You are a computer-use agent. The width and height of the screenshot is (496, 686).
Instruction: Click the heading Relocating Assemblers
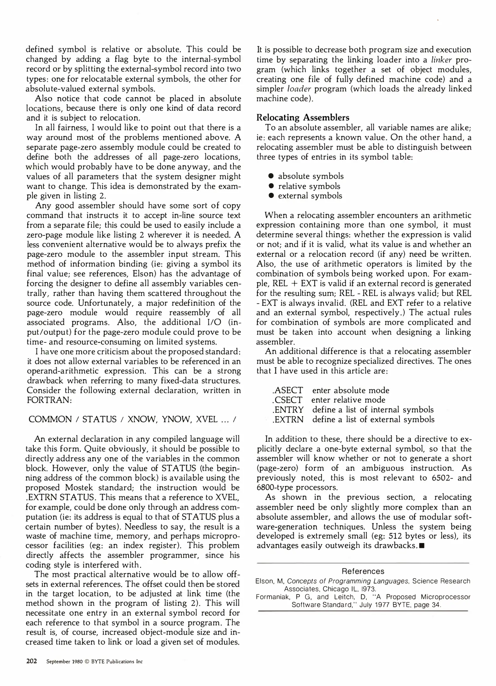pyautogui.click(x=302, y=118)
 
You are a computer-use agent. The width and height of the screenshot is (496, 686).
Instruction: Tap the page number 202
pyautogui.click(x=31, y=662)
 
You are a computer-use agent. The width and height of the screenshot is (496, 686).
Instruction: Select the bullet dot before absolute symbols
pyautogui.click(x=271, y=176)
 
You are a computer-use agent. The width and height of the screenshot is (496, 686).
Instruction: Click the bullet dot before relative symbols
pyautogui.click(x=271, y=186)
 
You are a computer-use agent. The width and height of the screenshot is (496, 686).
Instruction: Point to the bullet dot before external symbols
pyautogui.click(x=271, y=196)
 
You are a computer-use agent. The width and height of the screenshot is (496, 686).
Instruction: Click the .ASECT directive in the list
pyautogui.click(x=288, y=390)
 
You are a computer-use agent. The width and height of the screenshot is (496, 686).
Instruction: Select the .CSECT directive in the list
pyautogui.click(x=287, y=400)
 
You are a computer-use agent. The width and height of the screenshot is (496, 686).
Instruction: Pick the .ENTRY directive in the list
pyautogui.click(x=288, y=410)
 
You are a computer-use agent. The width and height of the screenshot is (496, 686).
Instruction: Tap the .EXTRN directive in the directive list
pyautogui.click(x=288, y=420)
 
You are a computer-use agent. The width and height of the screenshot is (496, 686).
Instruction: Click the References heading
pyautogui.click(x=363, y=571)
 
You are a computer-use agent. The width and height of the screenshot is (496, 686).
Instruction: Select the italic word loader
pyautogui.click(x=298, y=89)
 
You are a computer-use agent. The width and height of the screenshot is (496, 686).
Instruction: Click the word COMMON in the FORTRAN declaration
pyautogui.click(x=50, y=420)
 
